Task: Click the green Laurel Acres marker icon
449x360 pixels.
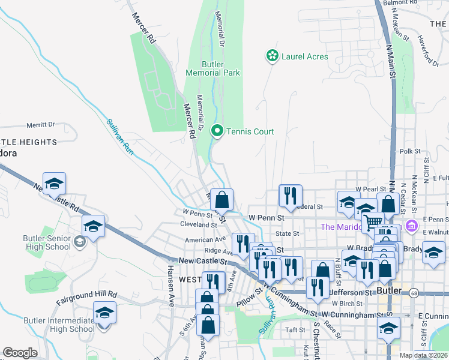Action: pos(272,56)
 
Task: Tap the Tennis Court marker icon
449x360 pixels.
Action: pos(217,131)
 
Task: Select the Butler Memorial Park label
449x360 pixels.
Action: pos(212,68)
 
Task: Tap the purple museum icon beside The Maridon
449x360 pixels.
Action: pos(412,227)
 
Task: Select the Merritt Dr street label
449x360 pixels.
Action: pos(40,125)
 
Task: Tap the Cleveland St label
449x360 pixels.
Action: pos(198,224)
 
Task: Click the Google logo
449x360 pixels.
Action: pos(20,353)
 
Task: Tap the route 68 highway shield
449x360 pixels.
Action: pos(414,293)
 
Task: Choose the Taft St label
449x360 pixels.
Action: pos(295,330)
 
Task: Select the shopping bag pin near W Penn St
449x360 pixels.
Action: pos(221,200)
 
